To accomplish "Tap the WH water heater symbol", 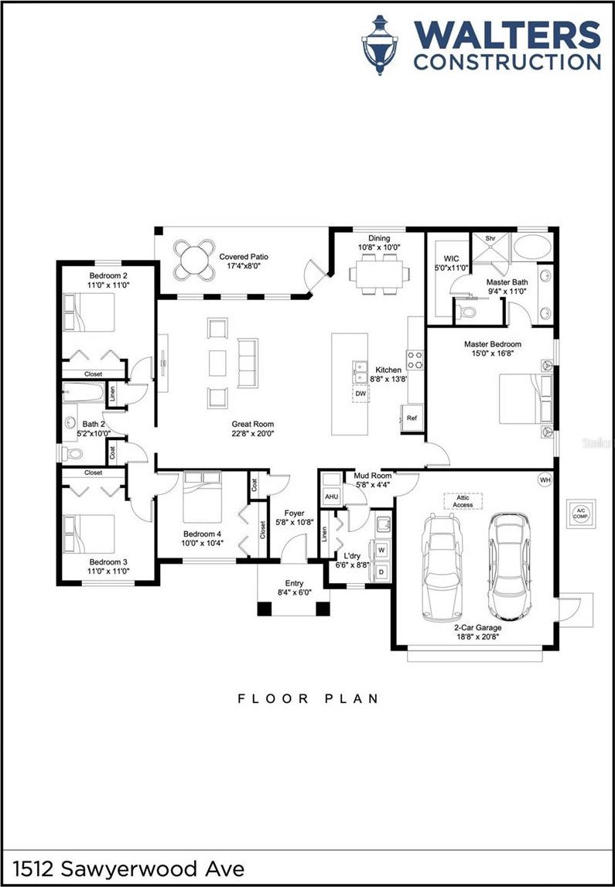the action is [545, 480].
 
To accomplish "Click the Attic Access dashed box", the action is [463, 501].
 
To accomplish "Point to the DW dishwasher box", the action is [360, 394].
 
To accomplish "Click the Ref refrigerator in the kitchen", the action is [412, 418].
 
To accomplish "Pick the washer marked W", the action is [380, 549].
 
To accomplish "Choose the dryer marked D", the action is [380, 571].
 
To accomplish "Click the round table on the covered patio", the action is [194, 259].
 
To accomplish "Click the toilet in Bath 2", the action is [73, 453].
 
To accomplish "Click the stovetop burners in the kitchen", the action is [415, 360].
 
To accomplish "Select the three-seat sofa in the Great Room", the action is [248, 363].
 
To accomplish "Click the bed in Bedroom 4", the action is [202, 496].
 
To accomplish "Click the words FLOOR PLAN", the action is [309, 698].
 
